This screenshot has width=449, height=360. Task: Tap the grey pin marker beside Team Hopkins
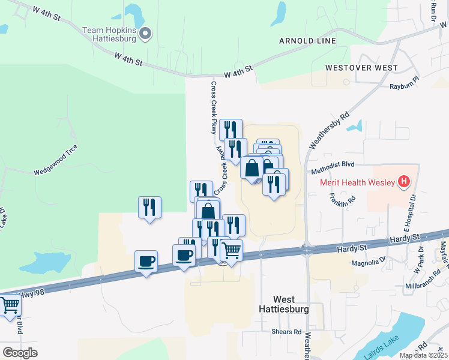click(145, 34)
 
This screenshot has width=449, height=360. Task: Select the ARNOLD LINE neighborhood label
click(307, 41)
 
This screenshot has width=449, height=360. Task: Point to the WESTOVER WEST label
click(361, 68)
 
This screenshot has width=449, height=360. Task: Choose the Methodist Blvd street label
click(342, 164)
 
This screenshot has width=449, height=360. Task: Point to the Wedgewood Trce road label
click(55, 163)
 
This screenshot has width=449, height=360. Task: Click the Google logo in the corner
click(20, 353)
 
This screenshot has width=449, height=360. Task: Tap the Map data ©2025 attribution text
click(423, 355)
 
